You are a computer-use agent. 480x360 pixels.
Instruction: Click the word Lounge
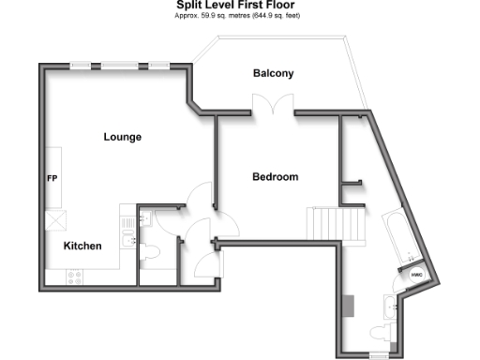(x=122, y=137)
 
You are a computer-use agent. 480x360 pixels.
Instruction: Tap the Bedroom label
(x=275, y=176)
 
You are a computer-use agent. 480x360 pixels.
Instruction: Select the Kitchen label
(x=82, y=246)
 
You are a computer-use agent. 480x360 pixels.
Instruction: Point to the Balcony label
(x=273, y=73)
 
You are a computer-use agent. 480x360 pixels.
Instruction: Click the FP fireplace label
(x=52, y=177)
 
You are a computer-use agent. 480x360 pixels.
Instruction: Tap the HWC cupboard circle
(x=417, y=274)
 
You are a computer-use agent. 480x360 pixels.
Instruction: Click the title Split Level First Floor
(x=239, y=5)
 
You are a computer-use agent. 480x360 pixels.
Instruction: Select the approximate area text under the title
(x=239, y=16)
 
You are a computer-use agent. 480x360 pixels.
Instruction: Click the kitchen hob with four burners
(x=74, y=276)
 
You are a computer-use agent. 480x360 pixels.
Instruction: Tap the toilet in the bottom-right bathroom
(x=379, y=333)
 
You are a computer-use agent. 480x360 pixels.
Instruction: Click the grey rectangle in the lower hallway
(x=349, y=307)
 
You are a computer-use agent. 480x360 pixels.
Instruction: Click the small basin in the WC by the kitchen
(x=142, y=219)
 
